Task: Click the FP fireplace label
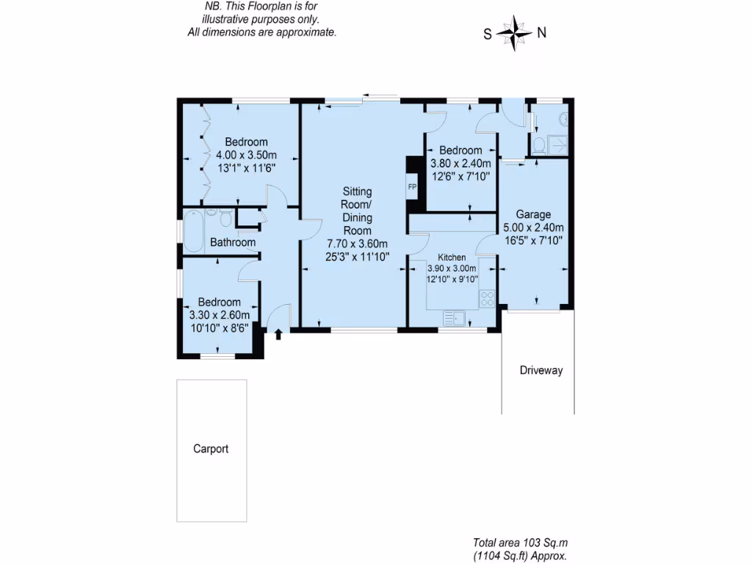point(412,188)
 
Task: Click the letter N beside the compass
point(542,32)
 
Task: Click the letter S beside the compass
point(487,33)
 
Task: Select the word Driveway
point(540,370)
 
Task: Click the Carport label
point(211,449)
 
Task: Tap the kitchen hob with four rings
point(486,299)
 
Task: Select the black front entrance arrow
point(278,335)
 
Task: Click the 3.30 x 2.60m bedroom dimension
point(219,314)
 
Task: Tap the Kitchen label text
point(452,258)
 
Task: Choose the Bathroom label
point(233,242)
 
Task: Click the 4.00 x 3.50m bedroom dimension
point(246,155)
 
